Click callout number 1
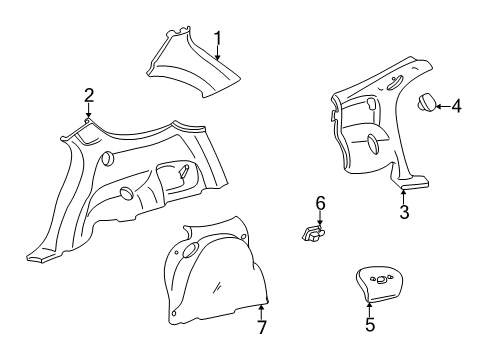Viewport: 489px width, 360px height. [218, 39]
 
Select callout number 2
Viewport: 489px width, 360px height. [89, 96]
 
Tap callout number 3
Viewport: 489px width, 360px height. [404, 212]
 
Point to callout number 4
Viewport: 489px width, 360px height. [456, 106]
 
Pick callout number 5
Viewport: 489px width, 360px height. [370, 324]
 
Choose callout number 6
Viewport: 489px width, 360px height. [320, 203]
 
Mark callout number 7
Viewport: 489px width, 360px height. [262, 327]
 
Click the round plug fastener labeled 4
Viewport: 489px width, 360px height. [426, 102]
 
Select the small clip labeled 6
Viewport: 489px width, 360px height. [313, 233]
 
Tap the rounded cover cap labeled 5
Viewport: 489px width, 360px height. [379, 284]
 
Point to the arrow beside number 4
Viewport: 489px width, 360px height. [443, 106]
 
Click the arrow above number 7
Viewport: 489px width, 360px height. [262, 311]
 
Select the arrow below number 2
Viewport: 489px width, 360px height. [88, 111]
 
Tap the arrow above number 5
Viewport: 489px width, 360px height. [369, 309]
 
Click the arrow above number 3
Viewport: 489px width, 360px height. [403, 196]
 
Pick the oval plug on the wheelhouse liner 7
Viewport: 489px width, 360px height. [191, 250]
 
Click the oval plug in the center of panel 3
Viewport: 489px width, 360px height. [373, 144]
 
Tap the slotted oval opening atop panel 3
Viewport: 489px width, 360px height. [395, 82]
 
